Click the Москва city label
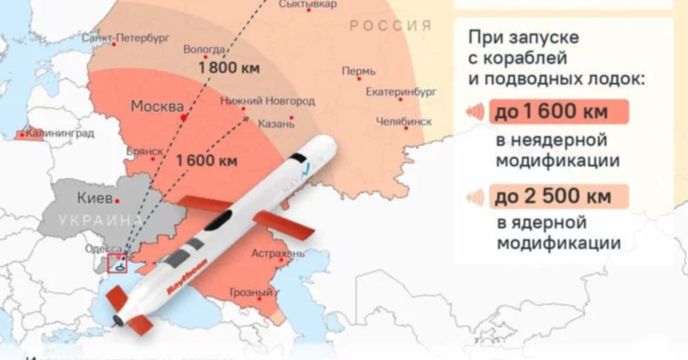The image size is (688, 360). click(x=157, y=107)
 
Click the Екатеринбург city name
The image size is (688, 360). click(x=401, y=91)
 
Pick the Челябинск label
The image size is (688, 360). click(x=404, y=121)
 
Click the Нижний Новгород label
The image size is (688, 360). click(x=268, y=101)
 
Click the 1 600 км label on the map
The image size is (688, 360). click(x=207, y=161)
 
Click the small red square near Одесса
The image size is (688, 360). click(x=118, y=264)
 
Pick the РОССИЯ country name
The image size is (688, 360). click(x=390, y=26)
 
